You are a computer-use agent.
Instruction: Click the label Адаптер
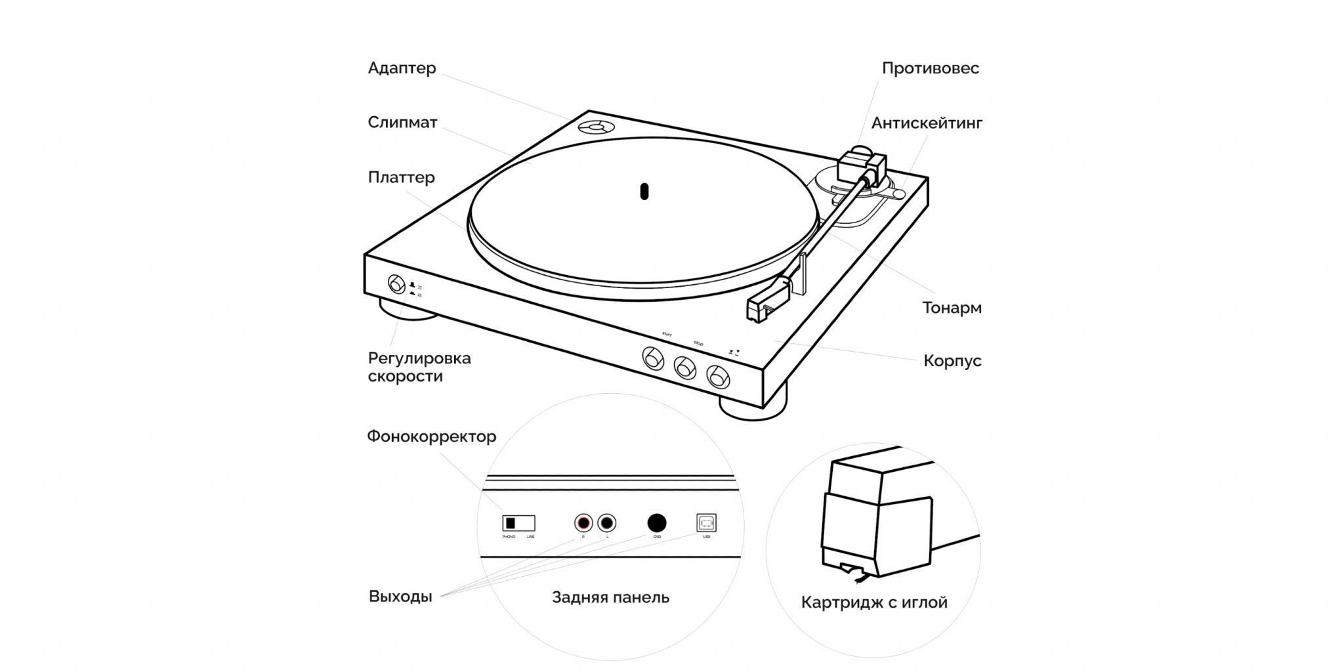(402, 68)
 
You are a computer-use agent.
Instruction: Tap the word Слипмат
(402, 123)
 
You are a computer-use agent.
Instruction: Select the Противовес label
(930, 68)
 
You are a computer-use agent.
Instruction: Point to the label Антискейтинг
(927, 123)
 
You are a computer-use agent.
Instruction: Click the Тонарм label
(952, 308)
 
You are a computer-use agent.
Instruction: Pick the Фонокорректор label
(431, 436)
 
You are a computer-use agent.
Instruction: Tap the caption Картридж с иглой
(874, 602)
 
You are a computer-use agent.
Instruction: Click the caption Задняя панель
(610, 597)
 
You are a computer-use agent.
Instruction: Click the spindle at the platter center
(644, 191)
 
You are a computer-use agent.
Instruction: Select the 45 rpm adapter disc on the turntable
(596, 127)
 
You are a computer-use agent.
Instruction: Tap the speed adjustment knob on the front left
(396, 284)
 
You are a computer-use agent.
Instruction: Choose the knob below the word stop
(685, 367)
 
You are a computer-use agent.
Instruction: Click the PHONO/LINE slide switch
(518, 523)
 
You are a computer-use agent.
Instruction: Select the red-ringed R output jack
(583, 523)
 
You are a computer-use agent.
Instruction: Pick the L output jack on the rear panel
(607, 523)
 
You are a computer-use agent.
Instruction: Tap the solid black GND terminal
(657, 522)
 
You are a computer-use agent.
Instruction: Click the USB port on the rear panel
(706, 523)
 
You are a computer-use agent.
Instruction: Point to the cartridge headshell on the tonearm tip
(766, 304)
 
